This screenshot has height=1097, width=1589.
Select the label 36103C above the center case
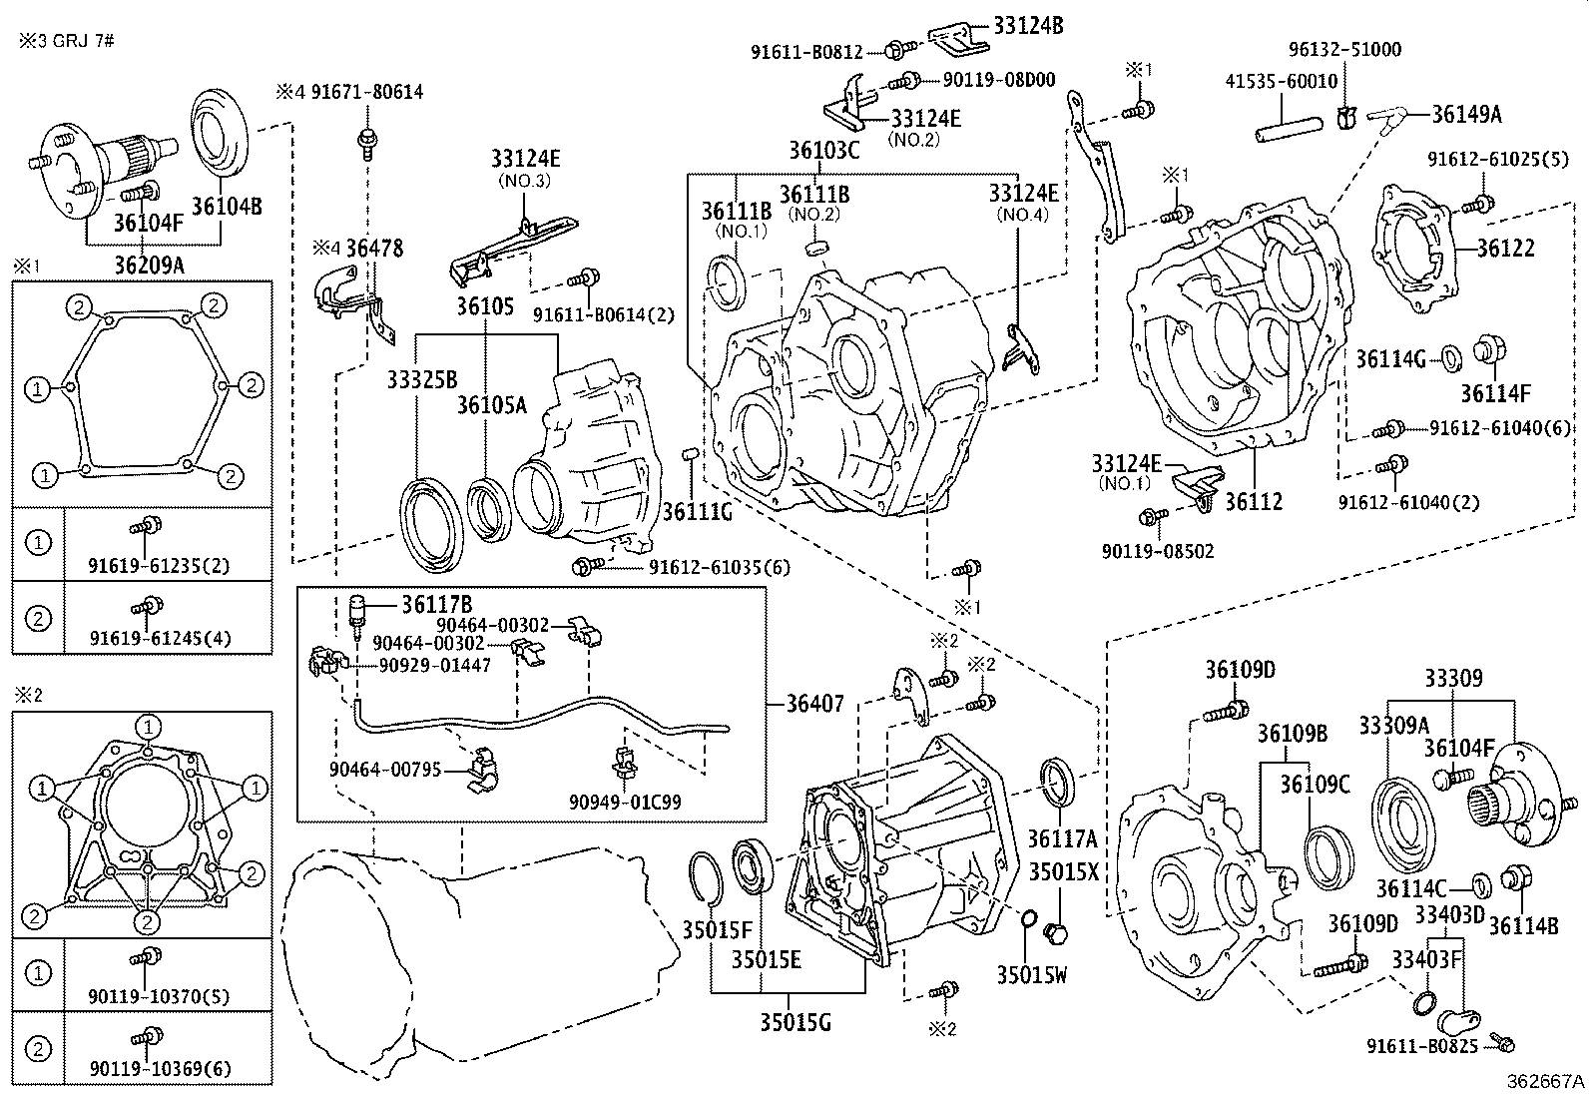(x=823, y=151)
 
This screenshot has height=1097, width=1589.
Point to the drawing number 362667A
(x=1545, y=1080)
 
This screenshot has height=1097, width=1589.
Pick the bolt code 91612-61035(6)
(x=719, y=567)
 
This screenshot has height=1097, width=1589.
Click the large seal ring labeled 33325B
(x=433, y=526)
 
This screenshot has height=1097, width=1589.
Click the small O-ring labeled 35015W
(x=1026, y=918)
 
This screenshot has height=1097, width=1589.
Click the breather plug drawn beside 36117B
(x=356, y=612)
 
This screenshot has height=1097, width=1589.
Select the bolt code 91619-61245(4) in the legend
(x=160, y=638)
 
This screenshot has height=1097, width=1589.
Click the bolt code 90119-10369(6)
(x=160, y=1069)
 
